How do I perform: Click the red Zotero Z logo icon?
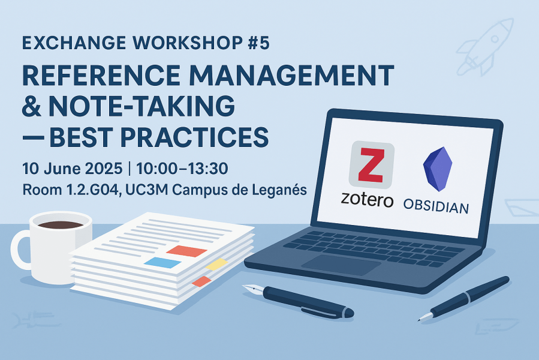coord(371,165)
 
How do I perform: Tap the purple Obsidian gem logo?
coord(438,169)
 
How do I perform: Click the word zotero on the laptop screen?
coord(367,200)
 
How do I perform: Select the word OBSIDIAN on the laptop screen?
coord(436,206)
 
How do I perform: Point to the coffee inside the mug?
coord(61,225)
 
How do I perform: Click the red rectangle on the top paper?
coord(186,251)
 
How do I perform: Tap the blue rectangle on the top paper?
coord(162,263)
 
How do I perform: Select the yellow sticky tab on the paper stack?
coord(216,265)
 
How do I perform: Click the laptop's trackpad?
coord(341,265)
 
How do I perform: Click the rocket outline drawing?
coord(484,47)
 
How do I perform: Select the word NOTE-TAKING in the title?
coord(142,106)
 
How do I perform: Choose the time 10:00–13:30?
coord(182,169)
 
